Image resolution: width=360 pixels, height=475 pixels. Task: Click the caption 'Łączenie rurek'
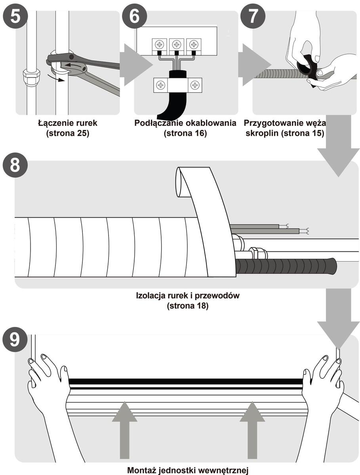point(68,123)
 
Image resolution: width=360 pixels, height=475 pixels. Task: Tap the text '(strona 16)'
point(185,133)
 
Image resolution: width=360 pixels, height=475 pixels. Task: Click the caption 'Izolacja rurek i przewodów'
point(188,296)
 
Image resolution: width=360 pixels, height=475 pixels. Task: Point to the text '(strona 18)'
point(188,306)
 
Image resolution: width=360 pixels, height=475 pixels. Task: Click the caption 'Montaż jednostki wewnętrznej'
point(188,471)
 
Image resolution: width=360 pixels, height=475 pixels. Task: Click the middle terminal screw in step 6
point(177,44)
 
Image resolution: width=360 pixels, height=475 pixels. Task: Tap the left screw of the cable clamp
point(161,84)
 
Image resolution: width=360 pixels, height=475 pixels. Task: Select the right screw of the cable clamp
point(194,84)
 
